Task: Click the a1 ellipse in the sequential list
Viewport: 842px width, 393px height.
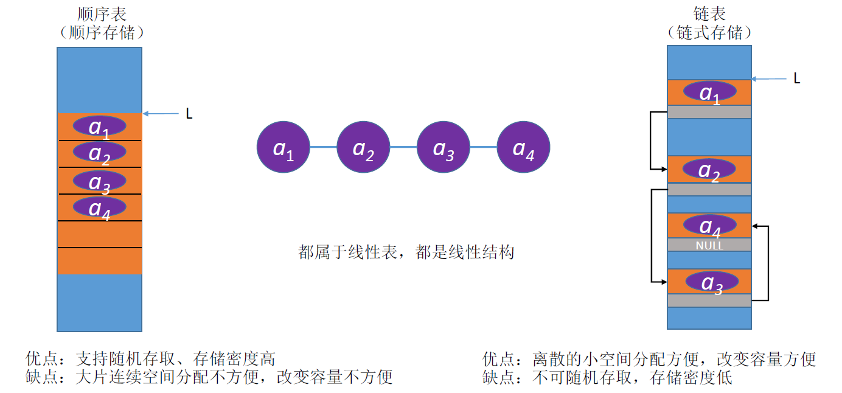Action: [100, 126]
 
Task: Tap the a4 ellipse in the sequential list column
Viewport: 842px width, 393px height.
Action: [100, 207]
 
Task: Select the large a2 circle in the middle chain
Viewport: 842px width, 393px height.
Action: [363, 147]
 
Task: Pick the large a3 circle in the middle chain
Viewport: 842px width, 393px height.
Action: [443, 147]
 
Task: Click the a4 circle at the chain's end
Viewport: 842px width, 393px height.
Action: [523, 147]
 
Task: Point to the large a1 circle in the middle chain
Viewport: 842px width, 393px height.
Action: [283, 147]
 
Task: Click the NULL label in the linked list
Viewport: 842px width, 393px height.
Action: [709, 246]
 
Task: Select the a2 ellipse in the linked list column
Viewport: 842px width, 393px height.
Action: [709, 170]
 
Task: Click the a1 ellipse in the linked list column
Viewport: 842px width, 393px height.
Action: [709, 92]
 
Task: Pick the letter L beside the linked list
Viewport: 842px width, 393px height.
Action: [797, 78]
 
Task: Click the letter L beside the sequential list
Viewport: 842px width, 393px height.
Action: [189, 114]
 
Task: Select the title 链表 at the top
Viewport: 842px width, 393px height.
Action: [709, 13]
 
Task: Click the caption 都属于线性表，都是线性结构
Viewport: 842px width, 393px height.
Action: [406, 252]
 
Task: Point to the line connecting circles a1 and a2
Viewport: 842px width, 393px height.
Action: [323, 147]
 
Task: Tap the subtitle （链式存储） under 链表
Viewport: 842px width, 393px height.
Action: [709, 32]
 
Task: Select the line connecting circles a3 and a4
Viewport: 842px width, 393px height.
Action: [483, 147]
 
